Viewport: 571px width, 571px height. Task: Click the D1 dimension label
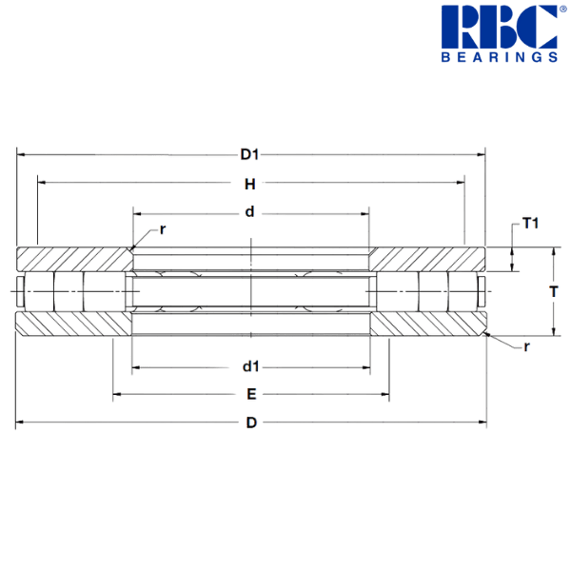[249, 155]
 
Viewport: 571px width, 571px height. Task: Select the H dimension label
[249, 185]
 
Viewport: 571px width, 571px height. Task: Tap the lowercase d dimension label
[249, 211]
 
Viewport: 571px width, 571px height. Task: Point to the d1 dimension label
[251, 366]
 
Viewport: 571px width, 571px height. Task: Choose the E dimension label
[251, 394]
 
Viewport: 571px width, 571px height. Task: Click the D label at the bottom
[251, 423]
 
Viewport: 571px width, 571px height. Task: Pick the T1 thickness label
[530, 224]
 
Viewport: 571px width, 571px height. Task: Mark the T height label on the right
[554, 292]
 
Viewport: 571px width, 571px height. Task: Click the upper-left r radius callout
[163, 230]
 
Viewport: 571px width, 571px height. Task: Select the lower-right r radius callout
[526, 346]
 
